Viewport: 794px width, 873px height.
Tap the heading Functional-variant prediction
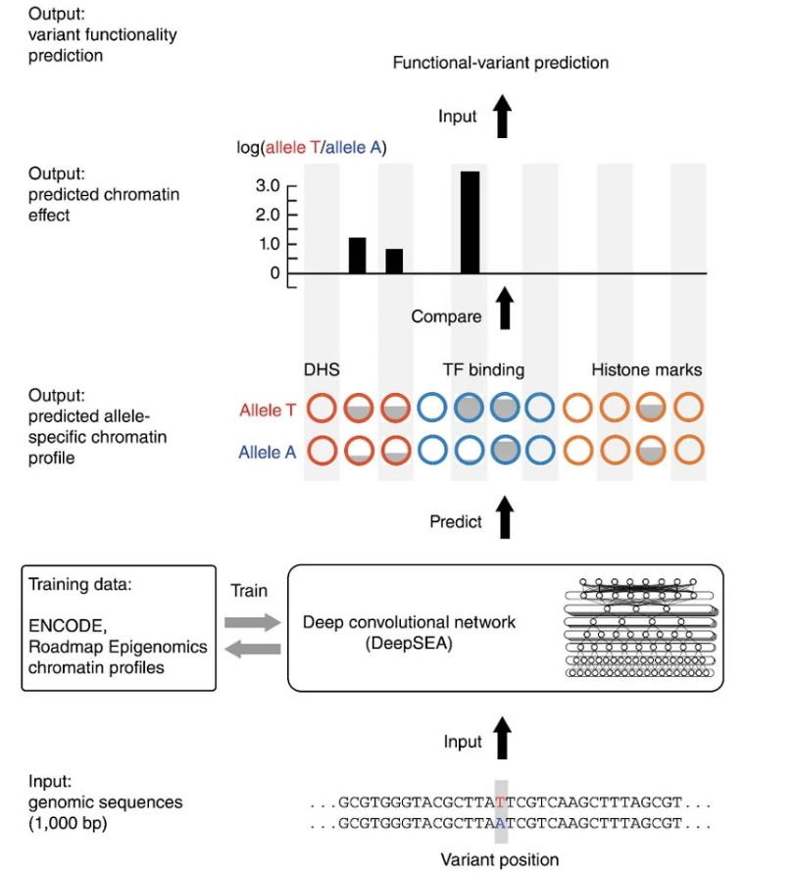(x=500, y=63)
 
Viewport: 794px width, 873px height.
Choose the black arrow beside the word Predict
(x=505, y=515)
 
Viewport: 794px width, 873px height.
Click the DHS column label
(x=322, y=370)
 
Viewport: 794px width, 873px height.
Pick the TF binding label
(x=483, y=370)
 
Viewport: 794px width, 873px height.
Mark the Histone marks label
(x=646, y=370)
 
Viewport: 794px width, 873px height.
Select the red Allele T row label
(x=268, y=411)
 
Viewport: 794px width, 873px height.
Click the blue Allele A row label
(x=268, y=452)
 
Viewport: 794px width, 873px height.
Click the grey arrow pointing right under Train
(x=252, y=621)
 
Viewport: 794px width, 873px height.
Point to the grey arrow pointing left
(x=252, y=649)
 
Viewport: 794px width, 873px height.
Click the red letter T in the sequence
(x=501, y=801)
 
